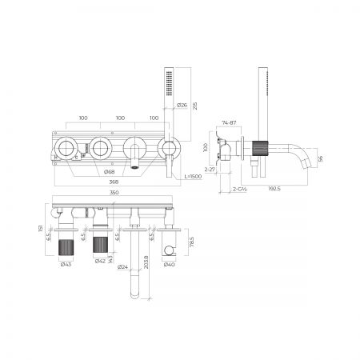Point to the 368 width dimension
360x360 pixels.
pyautogui.click(x=118, y=181)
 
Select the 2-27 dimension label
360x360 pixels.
pyautogui.click(x=210, y=169)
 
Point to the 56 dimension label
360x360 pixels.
pyautogui.click(x=320, y=158)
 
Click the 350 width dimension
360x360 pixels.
pyautogui.click(x=114, y=194)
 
